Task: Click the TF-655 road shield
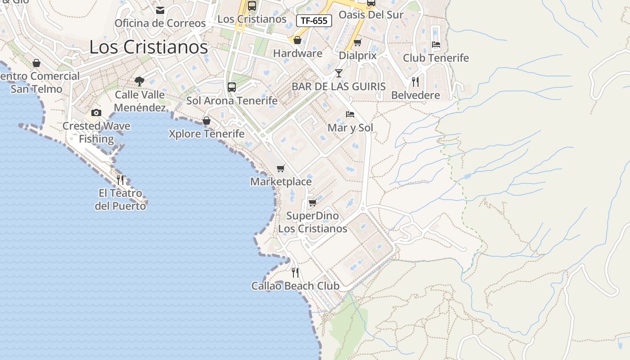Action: click(x=314, y=21)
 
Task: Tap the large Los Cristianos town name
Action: click(x=148, y=47)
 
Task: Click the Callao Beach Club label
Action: click(x=295, y=286)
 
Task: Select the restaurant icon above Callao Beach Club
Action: click(x=295, y=272)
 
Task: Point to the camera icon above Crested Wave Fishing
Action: click(x=96, y=112)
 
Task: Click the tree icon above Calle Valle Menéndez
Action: click(x=139, y=81)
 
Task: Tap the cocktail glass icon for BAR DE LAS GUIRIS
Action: click(x=338, y=73)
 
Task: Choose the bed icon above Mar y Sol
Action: click(x=350, y=114)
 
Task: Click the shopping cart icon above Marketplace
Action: click(x=281, y=168)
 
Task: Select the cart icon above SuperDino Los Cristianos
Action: click(x=312, y=202)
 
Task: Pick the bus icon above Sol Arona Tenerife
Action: click(x=232, y=87)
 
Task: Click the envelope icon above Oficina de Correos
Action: click(x=160, y=10)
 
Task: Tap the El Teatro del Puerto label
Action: click(x=120, y=199)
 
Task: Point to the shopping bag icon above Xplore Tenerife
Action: click(x=207, y=121)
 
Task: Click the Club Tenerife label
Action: click(x=436, y=58)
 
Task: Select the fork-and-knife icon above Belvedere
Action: click(x=415, y=81)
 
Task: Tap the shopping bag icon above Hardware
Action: click(x=297, y=40)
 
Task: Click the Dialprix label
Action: click(x=357, y=56)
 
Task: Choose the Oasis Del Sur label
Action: click(x=371, y=15)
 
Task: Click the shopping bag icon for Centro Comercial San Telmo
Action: click(x=36, y=63)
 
